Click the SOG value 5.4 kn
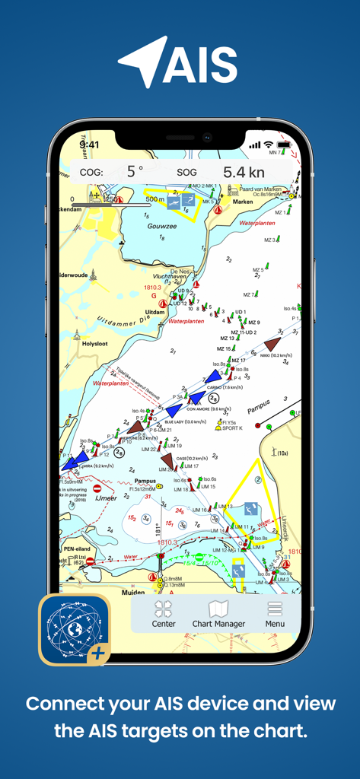pyautogui.click(x=243, y=172)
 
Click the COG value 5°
pyautogui.click(x=135, y=172)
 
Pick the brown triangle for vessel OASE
pyautogui.click(x=167, y=461)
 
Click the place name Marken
pyautogui.click(x=242, y=202)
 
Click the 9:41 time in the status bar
pyautogui.click(x=89, y=145)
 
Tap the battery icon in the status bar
pyautogui.click(x=285, y=145)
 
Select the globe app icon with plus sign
pyautogui.click(x=75, y=630)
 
